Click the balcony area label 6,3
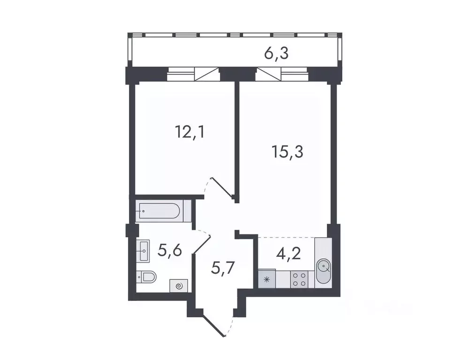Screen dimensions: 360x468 276,53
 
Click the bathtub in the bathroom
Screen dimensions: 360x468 159,211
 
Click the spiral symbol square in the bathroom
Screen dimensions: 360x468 179,285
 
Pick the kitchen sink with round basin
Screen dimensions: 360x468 324,268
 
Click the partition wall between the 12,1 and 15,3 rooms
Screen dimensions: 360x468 237,141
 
